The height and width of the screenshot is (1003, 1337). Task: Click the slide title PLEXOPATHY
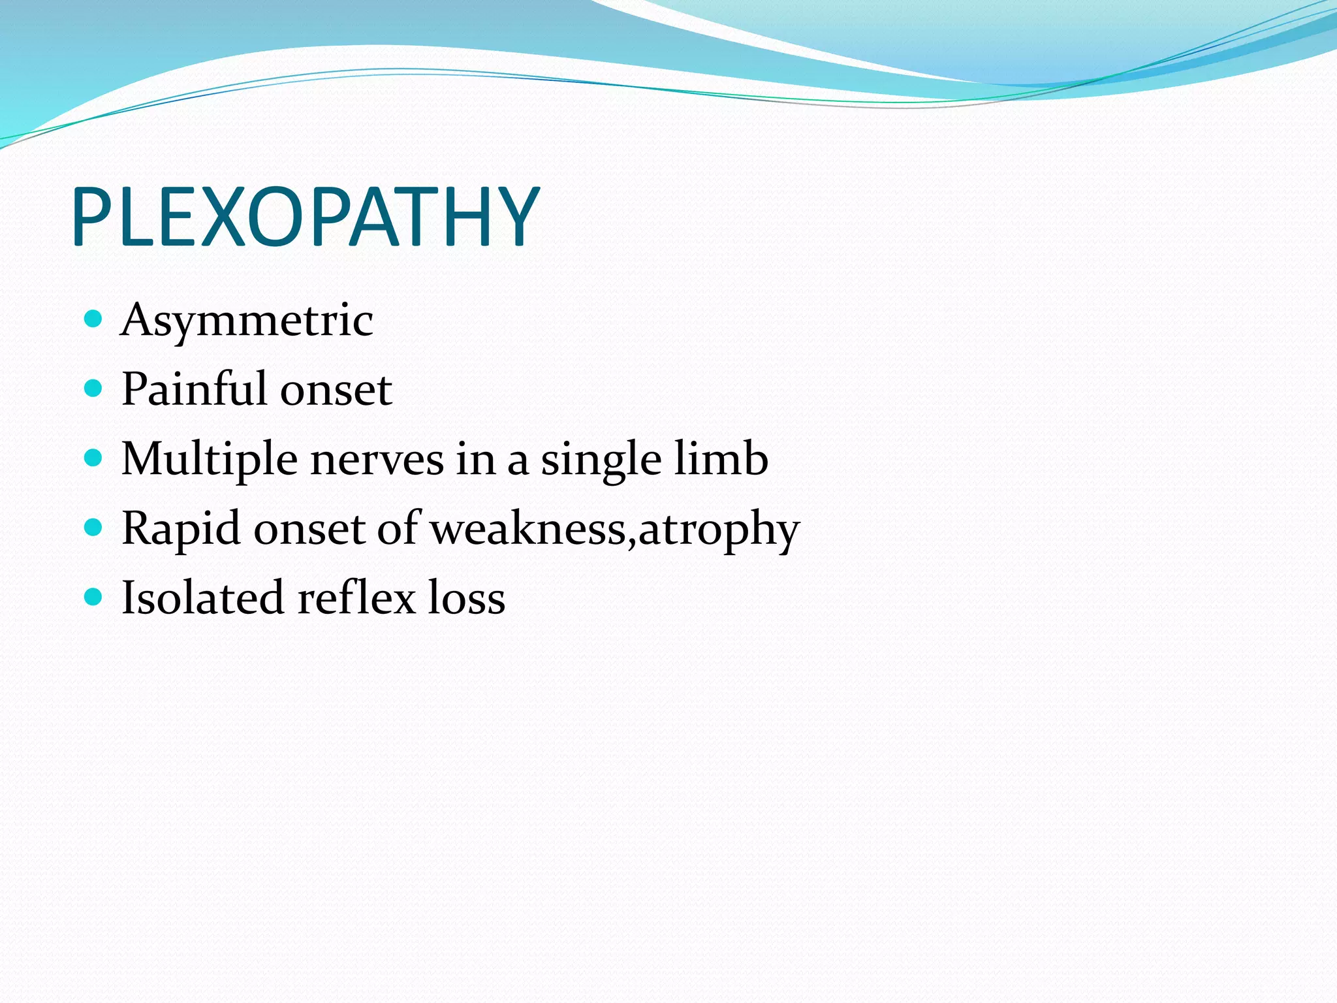[306, 217]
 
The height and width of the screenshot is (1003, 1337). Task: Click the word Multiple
[210, 460]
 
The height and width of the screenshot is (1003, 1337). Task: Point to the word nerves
[377, 460]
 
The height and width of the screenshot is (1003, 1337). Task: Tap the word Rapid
[181, 529]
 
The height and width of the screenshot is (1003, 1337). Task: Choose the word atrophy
[718, 530]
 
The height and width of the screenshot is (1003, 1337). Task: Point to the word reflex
[356, 597]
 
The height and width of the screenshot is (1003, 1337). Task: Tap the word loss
[466, 597]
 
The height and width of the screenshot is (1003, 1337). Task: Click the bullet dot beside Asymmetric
[94, 319]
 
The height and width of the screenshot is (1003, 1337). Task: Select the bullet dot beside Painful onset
[94, 389]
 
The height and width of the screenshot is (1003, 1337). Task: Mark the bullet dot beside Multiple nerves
[94, 458]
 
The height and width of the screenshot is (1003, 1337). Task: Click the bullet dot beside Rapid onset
[94, 528]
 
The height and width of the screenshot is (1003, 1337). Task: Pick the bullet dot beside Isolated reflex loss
[94, 597]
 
